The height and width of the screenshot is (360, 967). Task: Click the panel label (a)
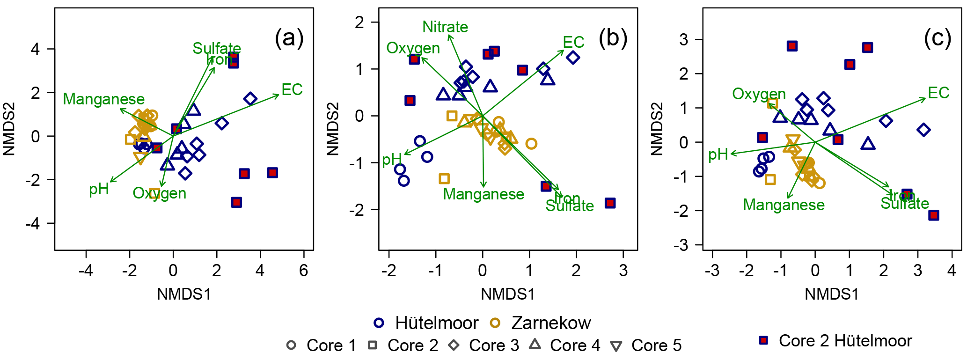click(x=289, y=38)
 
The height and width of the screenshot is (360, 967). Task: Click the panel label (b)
click(x=613, y=38)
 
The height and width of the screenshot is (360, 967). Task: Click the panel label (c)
click(x=937, y=38)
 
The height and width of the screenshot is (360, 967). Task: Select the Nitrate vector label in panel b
click(x=445, y=27)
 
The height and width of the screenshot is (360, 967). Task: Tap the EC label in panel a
click(x=292, y=89)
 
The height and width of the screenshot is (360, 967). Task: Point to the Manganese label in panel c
click(x=784, y=205)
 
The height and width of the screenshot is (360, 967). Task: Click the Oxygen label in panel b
click(x=413, y=48)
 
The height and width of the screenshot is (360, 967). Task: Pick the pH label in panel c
click(x=718, y=154)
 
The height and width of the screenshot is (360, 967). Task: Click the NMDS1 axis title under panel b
click(x=508, y=294)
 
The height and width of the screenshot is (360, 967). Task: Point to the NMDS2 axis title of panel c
click(x=657, y=129)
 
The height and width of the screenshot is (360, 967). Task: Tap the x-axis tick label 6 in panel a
click(x=304, y=270)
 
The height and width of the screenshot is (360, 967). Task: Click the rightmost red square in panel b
click(x=610, y=203)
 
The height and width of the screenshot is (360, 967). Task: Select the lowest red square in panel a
click(x=236, y=202)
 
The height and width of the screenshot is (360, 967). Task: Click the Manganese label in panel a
click(x=103, y=99)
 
